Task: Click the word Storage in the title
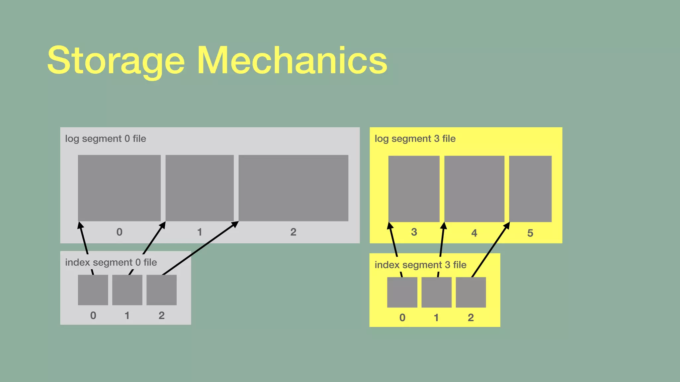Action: coord(116,61)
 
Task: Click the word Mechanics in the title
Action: coord(292,61)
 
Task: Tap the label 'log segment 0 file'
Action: coord(106,139)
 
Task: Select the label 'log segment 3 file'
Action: coord(415,139)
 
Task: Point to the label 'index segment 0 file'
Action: coord(111,263)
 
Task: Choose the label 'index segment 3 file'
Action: coord(420,265)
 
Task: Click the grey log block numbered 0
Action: coord(119,188)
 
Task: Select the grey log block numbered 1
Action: coord(200,188)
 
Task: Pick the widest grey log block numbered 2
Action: coord(293,188)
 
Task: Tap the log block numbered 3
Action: coord(414,189)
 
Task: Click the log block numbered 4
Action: coord(474,189)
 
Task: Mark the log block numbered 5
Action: coord(530,189)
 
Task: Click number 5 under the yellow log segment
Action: coord(530,233)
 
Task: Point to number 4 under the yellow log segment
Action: coord(474,233)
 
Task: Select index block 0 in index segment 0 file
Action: coord(93,290)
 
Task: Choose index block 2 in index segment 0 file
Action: coord(161,290)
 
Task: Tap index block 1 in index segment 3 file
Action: coord(436,292)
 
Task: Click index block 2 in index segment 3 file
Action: coord(470,292)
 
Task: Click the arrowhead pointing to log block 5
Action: coord(507,225)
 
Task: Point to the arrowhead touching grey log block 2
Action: coord(235,224)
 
